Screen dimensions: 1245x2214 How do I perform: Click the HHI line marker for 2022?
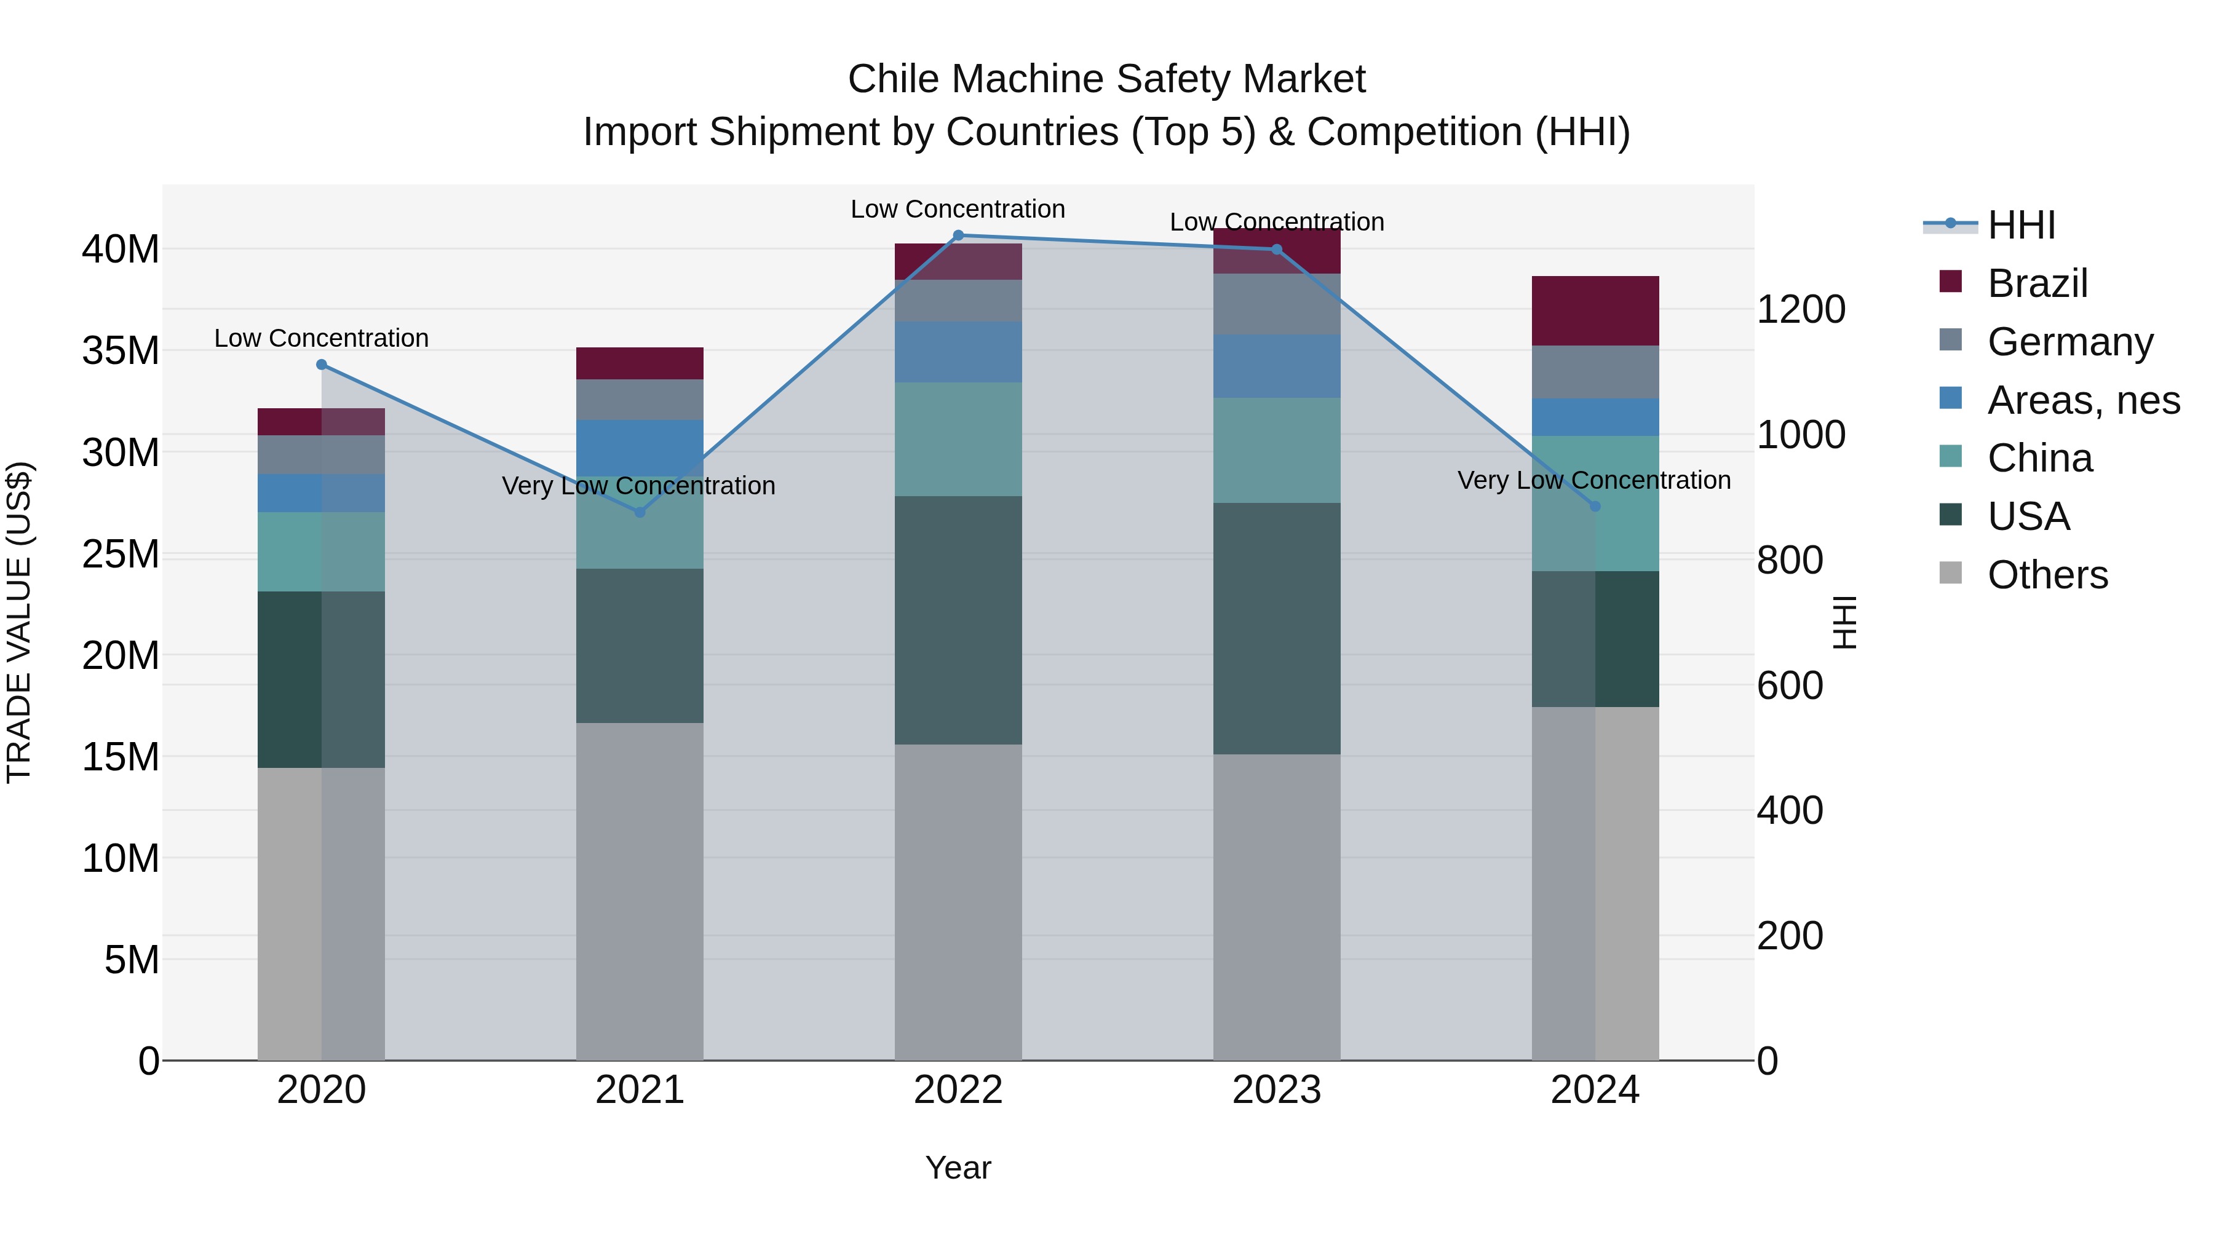pyautogui.click(x=958, y=235)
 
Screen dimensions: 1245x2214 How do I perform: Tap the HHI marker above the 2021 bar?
pyautogui.click(x=640, y=512)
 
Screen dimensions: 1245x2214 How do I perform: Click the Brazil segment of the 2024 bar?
pyautogui.click(x=1595, y=310)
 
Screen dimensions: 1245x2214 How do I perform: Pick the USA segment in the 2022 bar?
pyautogui.click(x=958, y=620)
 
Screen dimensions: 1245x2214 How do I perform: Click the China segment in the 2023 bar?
pyautogui.click(x=1276, y=449)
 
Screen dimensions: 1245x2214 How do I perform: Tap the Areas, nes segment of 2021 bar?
pyautogui.click(x=640, y=447)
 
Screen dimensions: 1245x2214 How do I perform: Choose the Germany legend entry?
pyautogui.click(x=2069, y=341)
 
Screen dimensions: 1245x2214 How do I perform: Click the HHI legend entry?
pyautogui.click(x=2020, y=224)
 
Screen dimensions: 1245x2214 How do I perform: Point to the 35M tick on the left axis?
pyautogui.click(x=121, y=350)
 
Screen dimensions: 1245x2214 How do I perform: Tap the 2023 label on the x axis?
pyautogui.click(x=1276, y=1090)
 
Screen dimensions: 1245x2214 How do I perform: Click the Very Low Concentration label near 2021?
pyautogui.click(x=638, y=486)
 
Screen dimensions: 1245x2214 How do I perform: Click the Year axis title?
pyautogui.click(x=958, y=1168)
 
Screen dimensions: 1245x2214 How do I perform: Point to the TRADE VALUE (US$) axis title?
pyautogui.click(x=19, y=622)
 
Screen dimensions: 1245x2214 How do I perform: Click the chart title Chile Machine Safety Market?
pyautogui.click(x=1106, y=79)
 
